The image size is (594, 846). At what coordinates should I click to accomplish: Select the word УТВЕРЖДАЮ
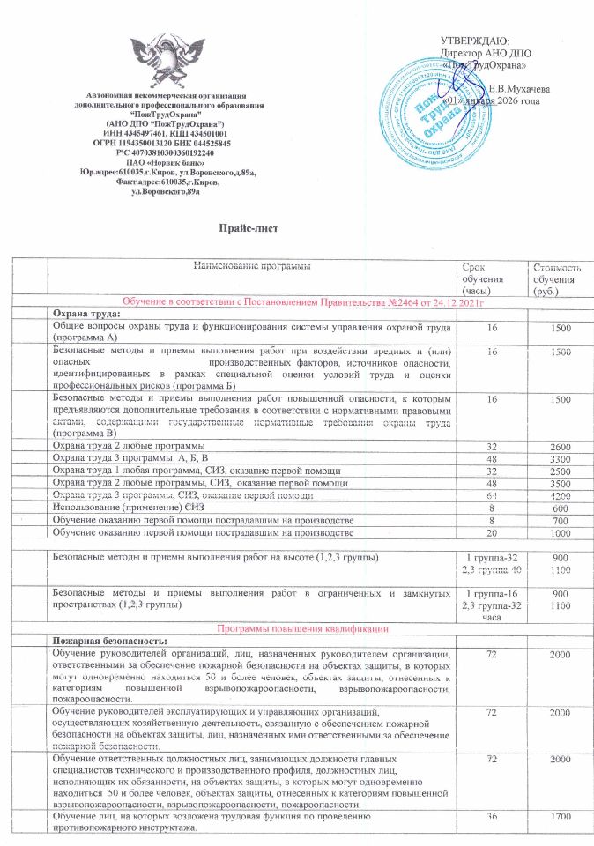474,41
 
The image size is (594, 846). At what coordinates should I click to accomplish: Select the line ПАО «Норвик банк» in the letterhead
167,161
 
